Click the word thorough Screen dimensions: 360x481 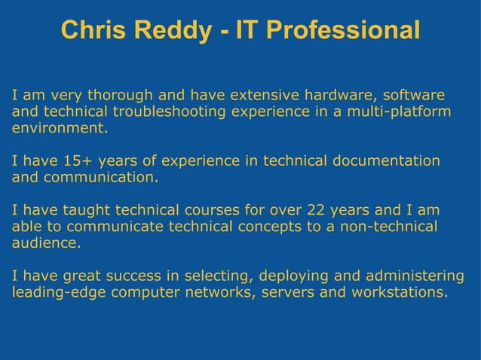click(121, 96)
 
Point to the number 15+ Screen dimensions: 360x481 click(78, 161)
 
